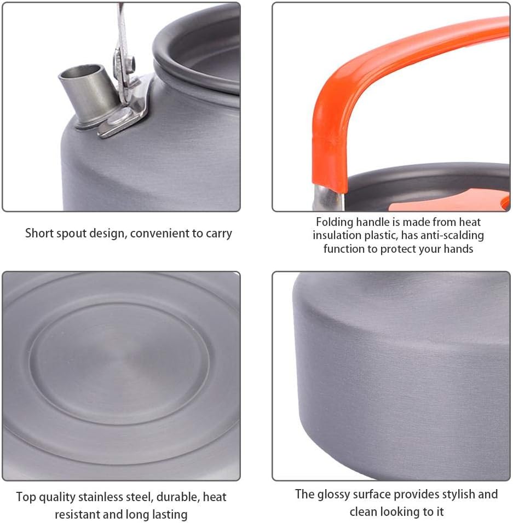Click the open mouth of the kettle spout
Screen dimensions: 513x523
click(x=80, y=72)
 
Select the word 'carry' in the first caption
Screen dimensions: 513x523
click(x=218, y=233)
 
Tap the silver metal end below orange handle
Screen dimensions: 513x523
click(x=328, y=199)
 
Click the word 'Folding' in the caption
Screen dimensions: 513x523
click(x=335, y=222)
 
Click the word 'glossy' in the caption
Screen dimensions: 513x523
click(x=335, y=495)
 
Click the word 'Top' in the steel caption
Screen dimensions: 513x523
click(x=26, y=497)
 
